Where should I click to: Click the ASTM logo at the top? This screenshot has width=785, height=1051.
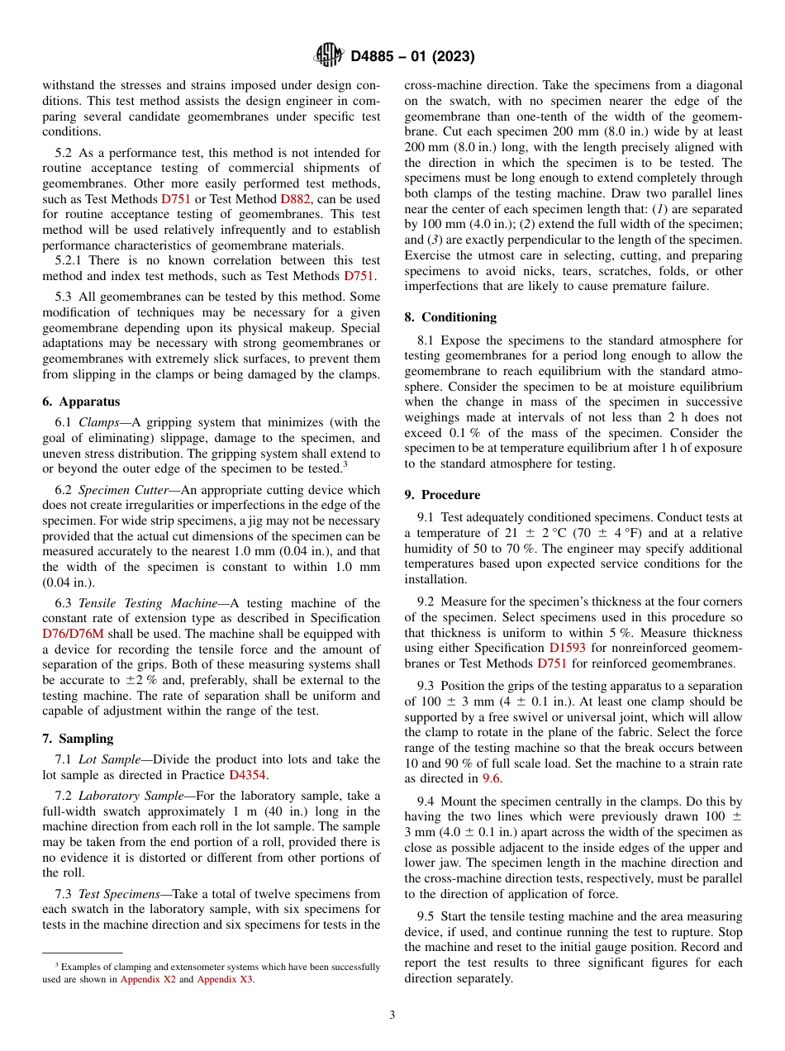click(x=329, y=56)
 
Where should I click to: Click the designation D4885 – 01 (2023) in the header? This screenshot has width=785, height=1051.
click(x=412, y=57)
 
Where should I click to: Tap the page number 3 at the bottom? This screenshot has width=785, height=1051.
click(x=392, y=1015)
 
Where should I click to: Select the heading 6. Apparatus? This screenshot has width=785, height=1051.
click(x=81, y=402)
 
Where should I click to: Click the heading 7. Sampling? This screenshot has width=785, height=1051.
click(x=78, y=739)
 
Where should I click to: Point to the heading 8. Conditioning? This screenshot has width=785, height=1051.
click(x=450, y=317)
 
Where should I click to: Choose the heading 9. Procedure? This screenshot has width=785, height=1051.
click(x=442, y=495)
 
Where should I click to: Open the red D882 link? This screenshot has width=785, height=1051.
click(x=296, y=199)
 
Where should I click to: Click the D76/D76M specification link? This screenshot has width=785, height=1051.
click(x=74, y=634)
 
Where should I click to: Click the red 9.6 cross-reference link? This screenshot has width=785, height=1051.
click(x=492, y=778)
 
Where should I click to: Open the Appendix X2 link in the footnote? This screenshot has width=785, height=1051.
click(x=148, y=979)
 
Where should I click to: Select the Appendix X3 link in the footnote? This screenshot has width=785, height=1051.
click(x=226, y=979)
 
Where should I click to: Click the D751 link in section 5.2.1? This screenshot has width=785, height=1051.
click(x=359, y=276)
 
